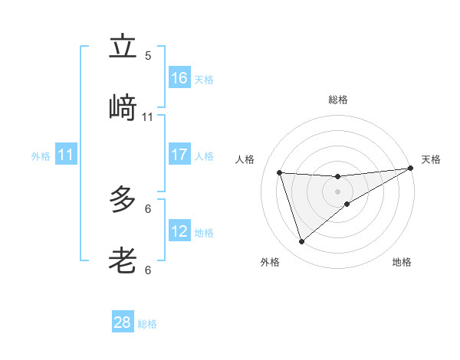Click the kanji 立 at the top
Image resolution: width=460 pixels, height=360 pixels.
coord(123,48)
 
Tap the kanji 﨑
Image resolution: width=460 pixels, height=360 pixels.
coord(123,108)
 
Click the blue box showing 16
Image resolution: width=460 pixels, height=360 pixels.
coord(179,78)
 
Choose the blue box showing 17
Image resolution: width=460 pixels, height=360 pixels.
coord(179,155)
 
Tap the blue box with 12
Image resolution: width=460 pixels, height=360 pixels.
coord(179,231)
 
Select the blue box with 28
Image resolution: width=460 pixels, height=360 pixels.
coord(123,322)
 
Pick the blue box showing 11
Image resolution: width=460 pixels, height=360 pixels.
coord(66,155)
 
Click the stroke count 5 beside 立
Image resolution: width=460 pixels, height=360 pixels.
coord(148,56)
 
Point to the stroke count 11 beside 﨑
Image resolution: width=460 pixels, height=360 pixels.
coord(148,117)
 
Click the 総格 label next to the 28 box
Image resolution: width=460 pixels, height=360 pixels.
coord(147,324)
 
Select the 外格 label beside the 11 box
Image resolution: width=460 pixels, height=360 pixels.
coord(41,156)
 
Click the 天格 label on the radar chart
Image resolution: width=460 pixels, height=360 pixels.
coord(431,159)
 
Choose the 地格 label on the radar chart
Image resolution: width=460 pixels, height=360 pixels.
coord(402,262)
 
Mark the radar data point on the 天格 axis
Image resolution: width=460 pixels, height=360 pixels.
coord(411,169)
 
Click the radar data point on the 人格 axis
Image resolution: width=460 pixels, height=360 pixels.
coord(280,172)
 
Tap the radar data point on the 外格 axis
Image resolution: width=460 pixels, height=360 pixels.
coord(301,242)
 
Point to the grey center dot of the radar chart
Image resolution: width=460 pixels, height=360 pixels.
coord(337,191)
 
